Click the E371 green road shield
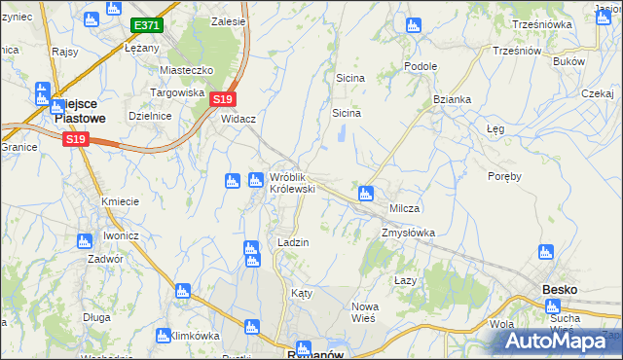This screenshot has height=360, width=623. (x=148, y=24)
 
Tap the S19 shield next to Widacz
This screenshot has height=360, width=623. (x=223, y=99)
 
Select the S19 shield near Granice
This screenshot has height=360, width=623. (x=75, y=140)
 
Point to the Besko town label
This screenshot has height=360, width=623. (x=560, y=289)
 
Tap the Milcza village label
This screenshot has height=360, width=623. (x=404, y=209)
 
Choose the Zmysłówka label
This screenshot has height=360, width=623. (x=408, y=233)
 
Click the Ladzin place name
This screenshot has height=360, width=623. (x=293, y=242)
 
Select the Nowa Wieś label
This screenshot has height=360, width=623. (x=364, y=312)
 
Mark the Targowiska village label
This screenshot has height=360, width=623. (x=176, y=92)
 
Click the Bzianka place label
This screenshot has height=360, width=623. (x=453, y=99)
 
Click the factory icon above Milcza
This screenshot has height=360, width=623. (x=366, y=193)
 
